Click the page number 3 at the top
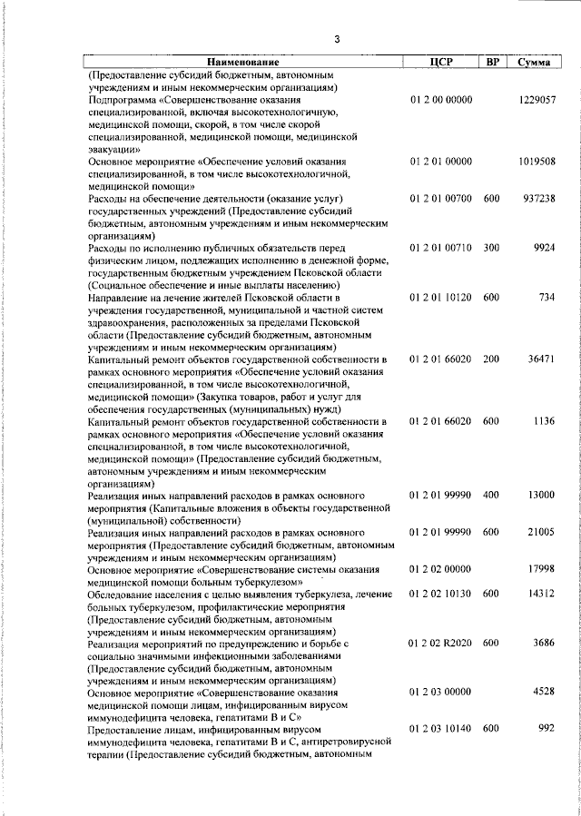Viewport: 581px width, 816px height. click(x=336, y=39)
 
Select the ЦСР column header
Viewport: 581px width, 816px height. click(x=440, y=62)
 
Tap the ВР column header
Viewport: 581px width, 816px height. click(x=492, y=62)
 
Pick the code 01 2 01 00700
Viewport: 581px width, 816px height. click(x=440, y=198)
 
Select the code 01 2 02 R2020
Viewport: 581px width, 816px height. click(x=440, y=643)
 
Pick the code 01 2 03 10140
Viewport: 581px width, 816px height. click(x=440, y=729)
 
